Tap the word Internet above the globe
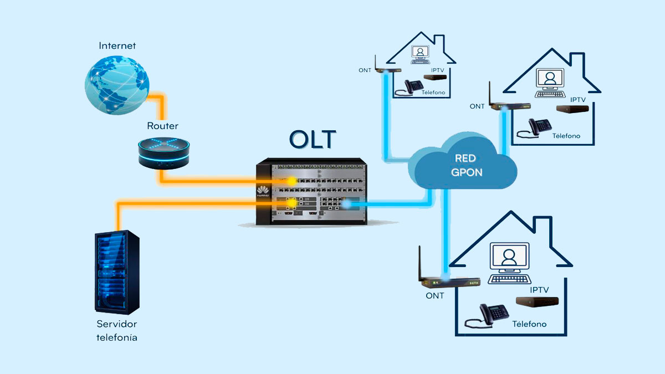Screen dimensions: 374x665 click(x=117, y=45)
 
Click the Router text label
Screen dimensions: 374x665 click(x=162, y=126)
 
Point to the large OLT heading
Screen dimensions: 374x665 click(x=312, y=139)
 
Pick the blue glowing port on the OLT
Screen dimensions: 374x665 click(x=346, y=204)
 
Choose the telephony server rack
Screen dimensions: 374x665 click(x=116, y=271)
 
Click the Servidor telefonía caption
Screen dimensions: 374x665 click(x=116, y=330)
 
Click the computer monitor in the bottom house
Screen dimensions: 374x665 click(x=509, y=258)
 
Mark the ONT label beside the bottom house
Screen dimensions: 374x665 click(x=434, y=295)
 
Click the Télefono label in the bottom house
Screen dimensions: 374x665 click(x=529, y=324)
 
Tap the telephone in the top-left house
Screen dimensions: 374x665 click(x=413, y=87)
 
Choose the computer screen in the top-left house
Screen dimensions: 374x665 click(x=421, y=52)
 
